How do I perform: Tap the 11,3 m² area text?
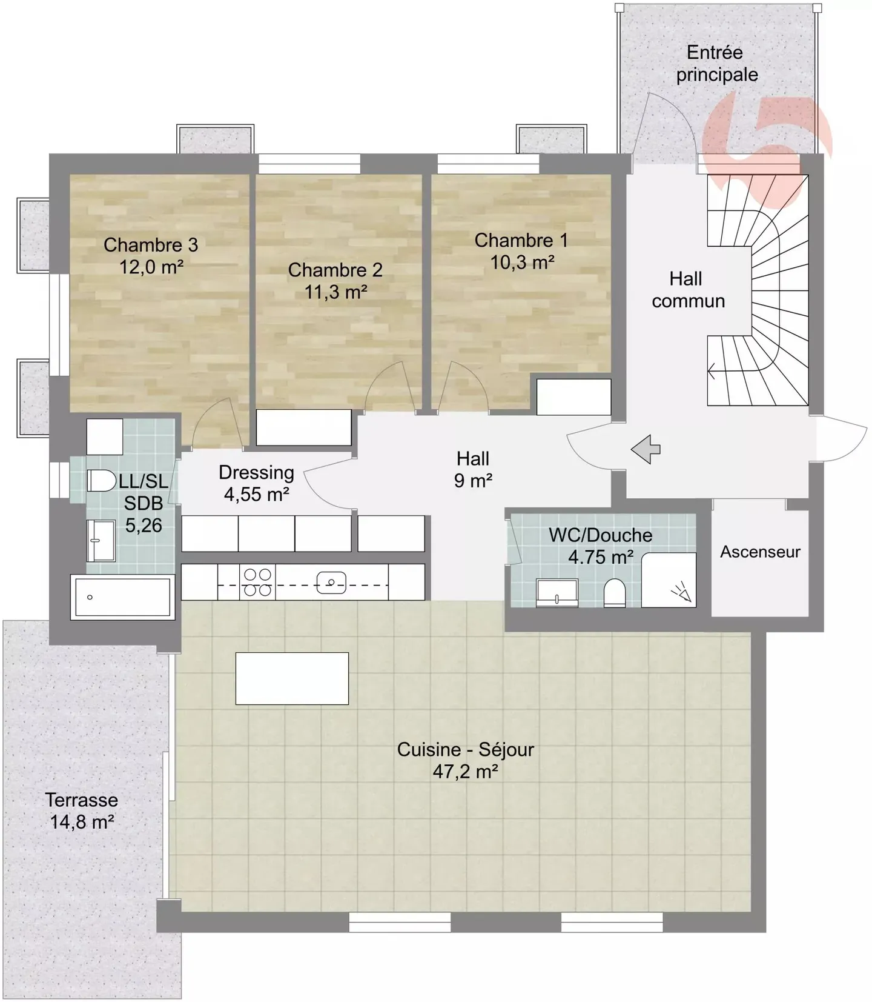coord(335,292)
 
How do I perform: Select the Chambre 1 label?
coord(521,241)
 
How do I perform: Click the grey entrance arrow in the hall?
coord(646,449)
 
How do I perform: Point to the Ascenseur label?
coord(759,552)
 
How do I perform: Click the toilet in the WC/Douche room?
coord(615,592)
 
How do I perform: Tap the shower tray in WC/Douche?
coord(669,580)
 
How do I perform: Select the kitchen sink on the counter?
coord(331,583)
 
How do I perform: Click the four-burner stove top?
coord(257,582)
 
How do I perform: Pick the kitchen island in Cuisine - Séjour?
coord(292,678)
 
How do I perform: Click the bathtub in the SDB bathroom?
coord(122,598)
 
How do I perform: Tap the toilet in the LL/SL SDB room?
coord(102,481)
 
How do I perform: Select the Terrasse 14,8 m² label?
coord(82,810)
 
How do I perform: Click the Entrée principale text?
coord(716,64)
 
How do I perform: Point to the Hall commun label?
coord(687,290)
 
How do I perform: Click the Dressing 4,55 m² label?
coord(256,483)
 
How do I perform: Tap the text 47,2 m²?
coord(465,772)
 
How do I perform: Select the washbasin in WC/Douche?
coord(557,592)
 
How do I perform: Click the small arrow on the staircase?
coord(712,370)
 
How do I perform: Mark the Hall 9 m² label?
coord(473,469)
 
